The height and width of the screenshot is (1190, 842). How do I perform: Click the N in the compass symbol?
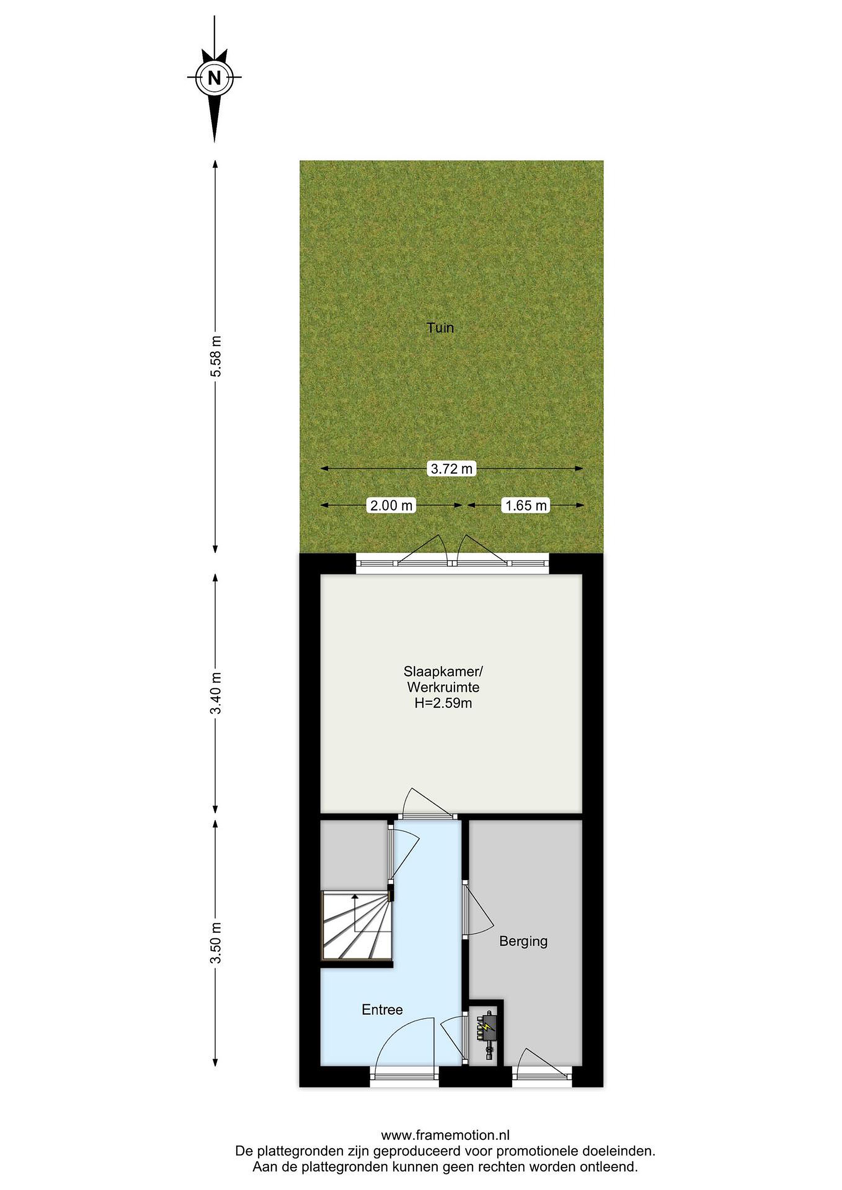(x=214, y=78)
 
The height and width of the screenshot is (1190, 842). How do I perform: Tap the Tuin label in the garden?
(x=440, y=328)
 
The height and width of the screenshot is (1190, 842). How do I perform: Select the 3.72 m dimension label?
(x=452, y=469)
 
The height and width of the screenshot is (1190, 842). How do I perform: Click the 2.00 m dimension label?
(x=391, y=505)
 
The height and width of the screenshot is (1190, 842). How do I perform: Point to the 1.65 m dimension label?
(x=526, y=505)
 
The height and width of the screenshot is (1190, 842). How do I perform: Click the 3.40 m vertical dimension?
(x=216, y=693)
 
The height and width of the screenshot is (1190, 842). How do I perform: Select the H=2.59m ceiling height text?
(x=443, y=703)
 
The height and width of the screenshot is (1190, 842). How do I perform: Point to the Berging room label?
(x=523, y=941)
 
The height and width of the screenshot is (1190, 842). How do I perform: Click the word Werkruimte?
(x=443, y=687)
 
